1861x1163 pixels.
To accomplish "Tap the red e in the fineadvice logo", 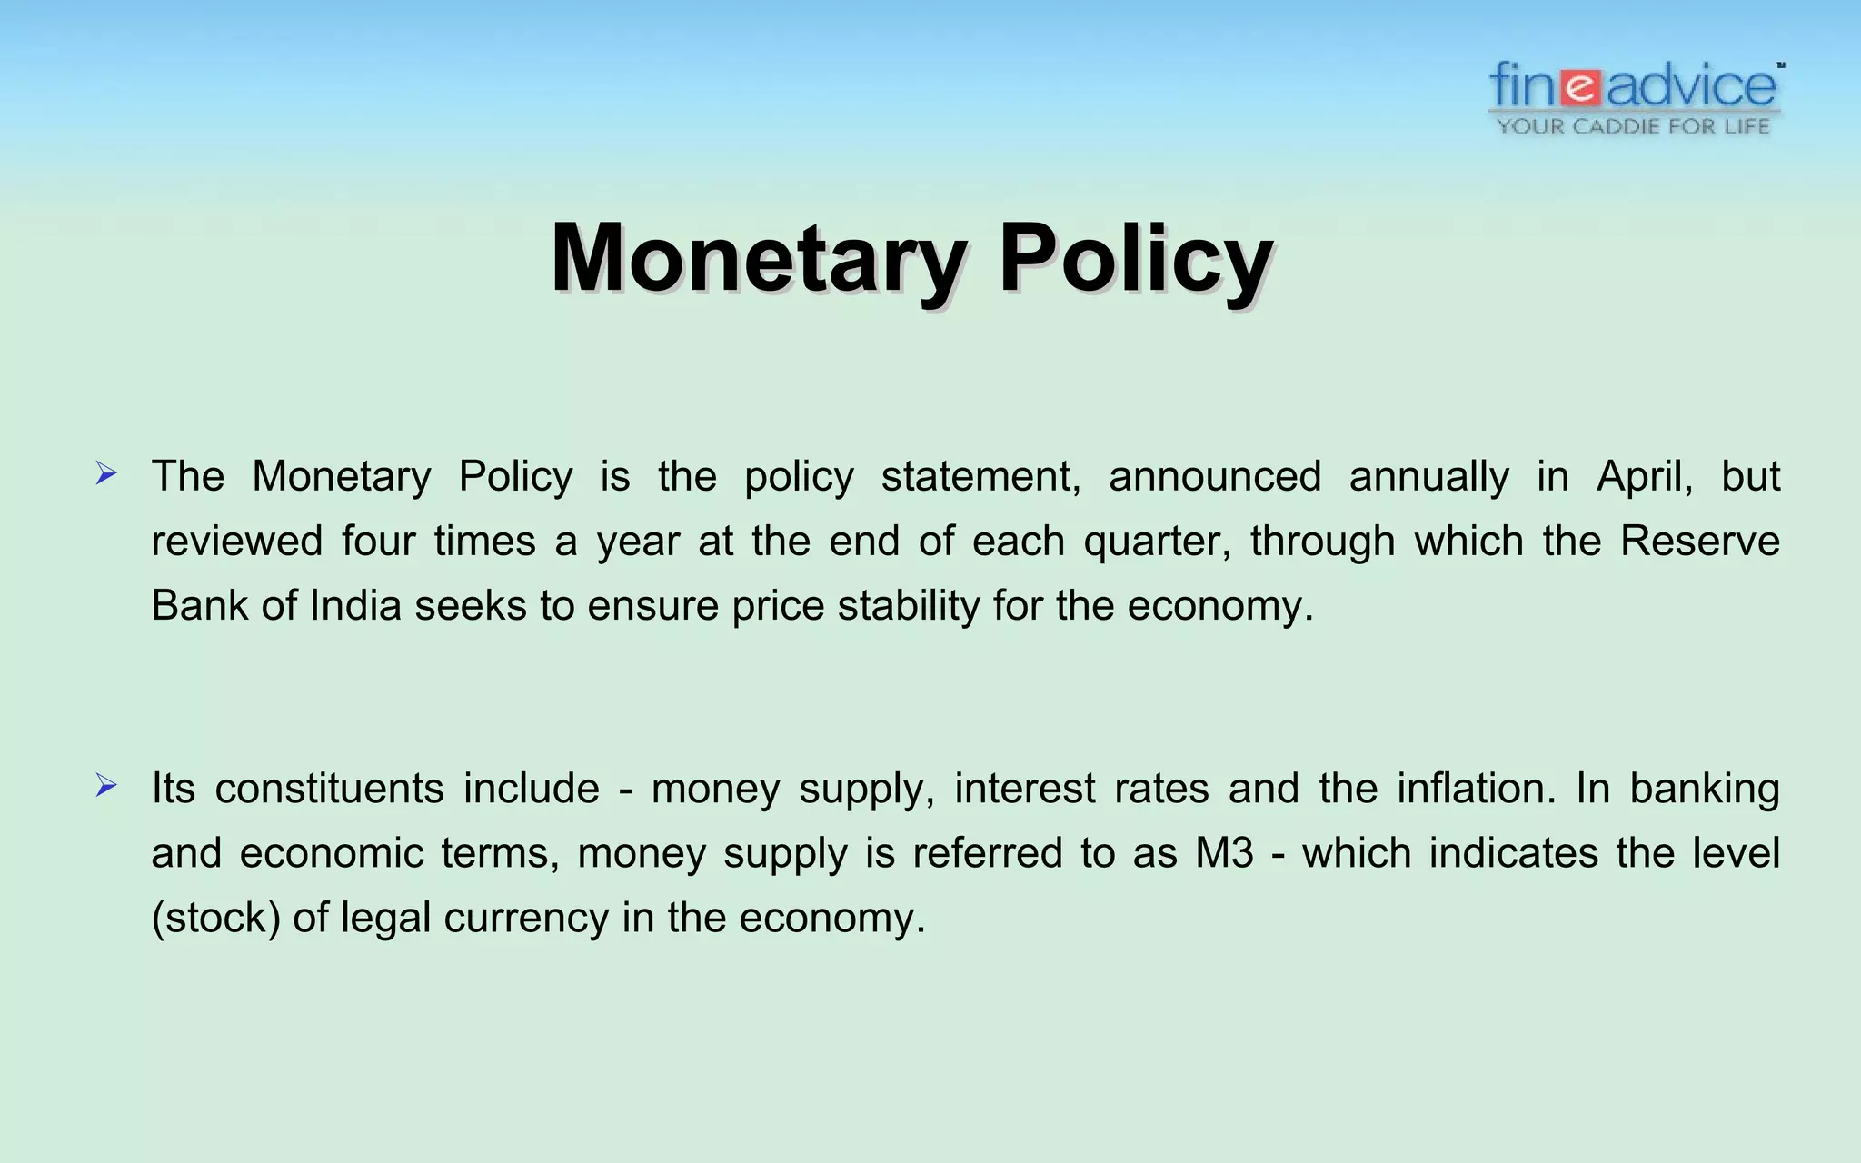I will click(x=1582, y=88).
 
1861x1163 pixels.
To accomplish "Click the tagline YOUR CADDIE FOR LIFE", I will click(x=1633, y=126).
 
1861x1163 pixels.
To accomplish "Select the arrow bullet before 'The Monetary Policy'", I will click(x=106, y=473).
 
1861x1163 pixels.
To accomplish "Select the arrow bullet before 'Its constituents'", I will click(x=106, y=785).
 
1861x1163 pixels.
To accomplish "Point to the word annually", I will click(x=1428, y=477).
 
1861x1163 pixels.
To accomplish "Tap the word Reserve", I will click(x=1699, y=542).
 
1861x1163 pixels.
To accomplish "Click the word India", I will click(x=355, y=606).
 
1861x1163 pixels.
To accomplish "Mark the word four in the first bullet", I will click(x=378, y=542).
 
